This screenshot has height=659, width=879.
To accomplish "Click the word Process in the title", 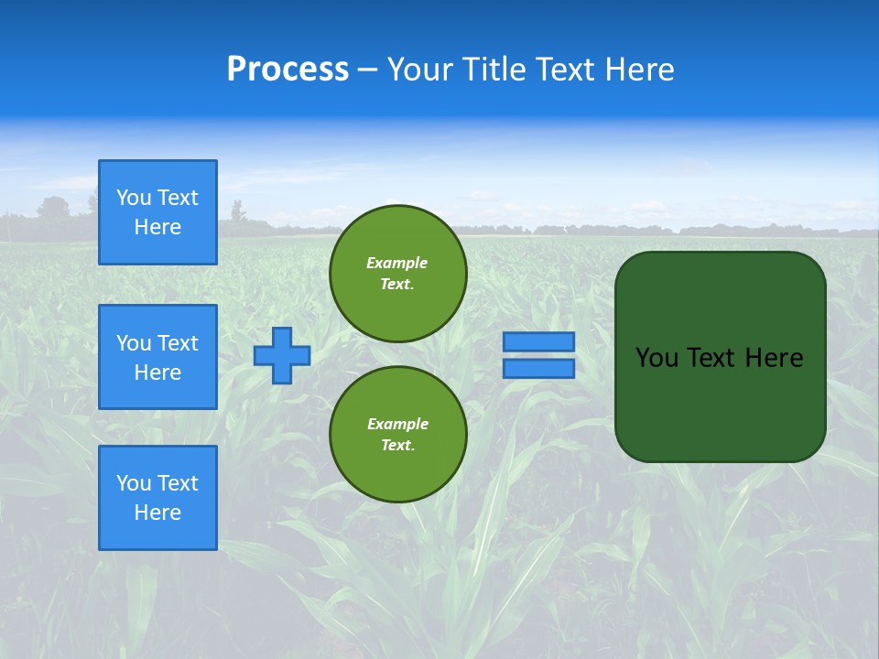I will pyautogui.click(x=288, y=70).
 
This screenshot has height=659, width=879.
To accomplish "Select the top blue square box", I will pyautogui.click(x=157, y=212).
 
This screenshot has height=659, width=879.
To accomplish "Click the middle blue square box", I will pyautogui.click(x=157, y=357).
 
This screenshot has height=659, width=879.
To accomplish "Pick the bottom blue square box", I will pyautogui.click(x=157, y=498).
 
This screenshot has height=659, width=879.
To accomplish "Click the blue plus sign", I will pyautogui.click(x=282, y=355).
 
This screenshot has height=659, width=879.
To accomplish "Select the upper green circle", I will pyautogui.click(x=398, y=274).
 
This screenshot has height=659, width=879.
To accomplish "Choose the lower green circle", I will pyautogui.click(x=398, y=435).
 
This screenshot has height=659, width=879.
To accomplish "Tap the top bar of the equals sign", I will pyautogui.click(x=539, y=341).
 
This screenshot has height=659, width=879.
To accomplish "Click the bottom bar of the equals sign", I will pyautogui.click(x=539, y=368).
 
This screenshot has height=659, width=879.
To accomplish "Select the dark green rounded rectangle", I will pyautogui.click(x=720, y=357).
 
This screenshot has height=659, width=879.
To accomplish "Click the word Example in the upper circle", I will pyautogui.click(x=397, y=263).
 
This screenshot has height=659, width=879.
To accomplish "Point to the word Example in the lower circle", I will pyautogui.click(x=397, y=424).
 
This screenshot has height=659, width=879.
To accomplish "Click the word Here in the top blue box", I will pyautogui.click(x=157, y=227).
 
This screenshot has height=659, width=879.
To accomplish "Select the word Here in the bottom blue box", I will pyautogui.click(x=157, y=513).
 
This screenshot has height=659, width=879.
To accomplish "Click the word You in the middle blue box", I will pyautogui.click(x=134, y=343).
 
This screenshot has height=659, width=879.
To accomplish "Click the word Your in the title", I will pyautogui.click(x=420, y=70).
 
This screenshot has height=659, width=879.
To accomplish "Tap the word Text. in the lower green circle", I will pyautogui.click(x=397, y=446).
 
